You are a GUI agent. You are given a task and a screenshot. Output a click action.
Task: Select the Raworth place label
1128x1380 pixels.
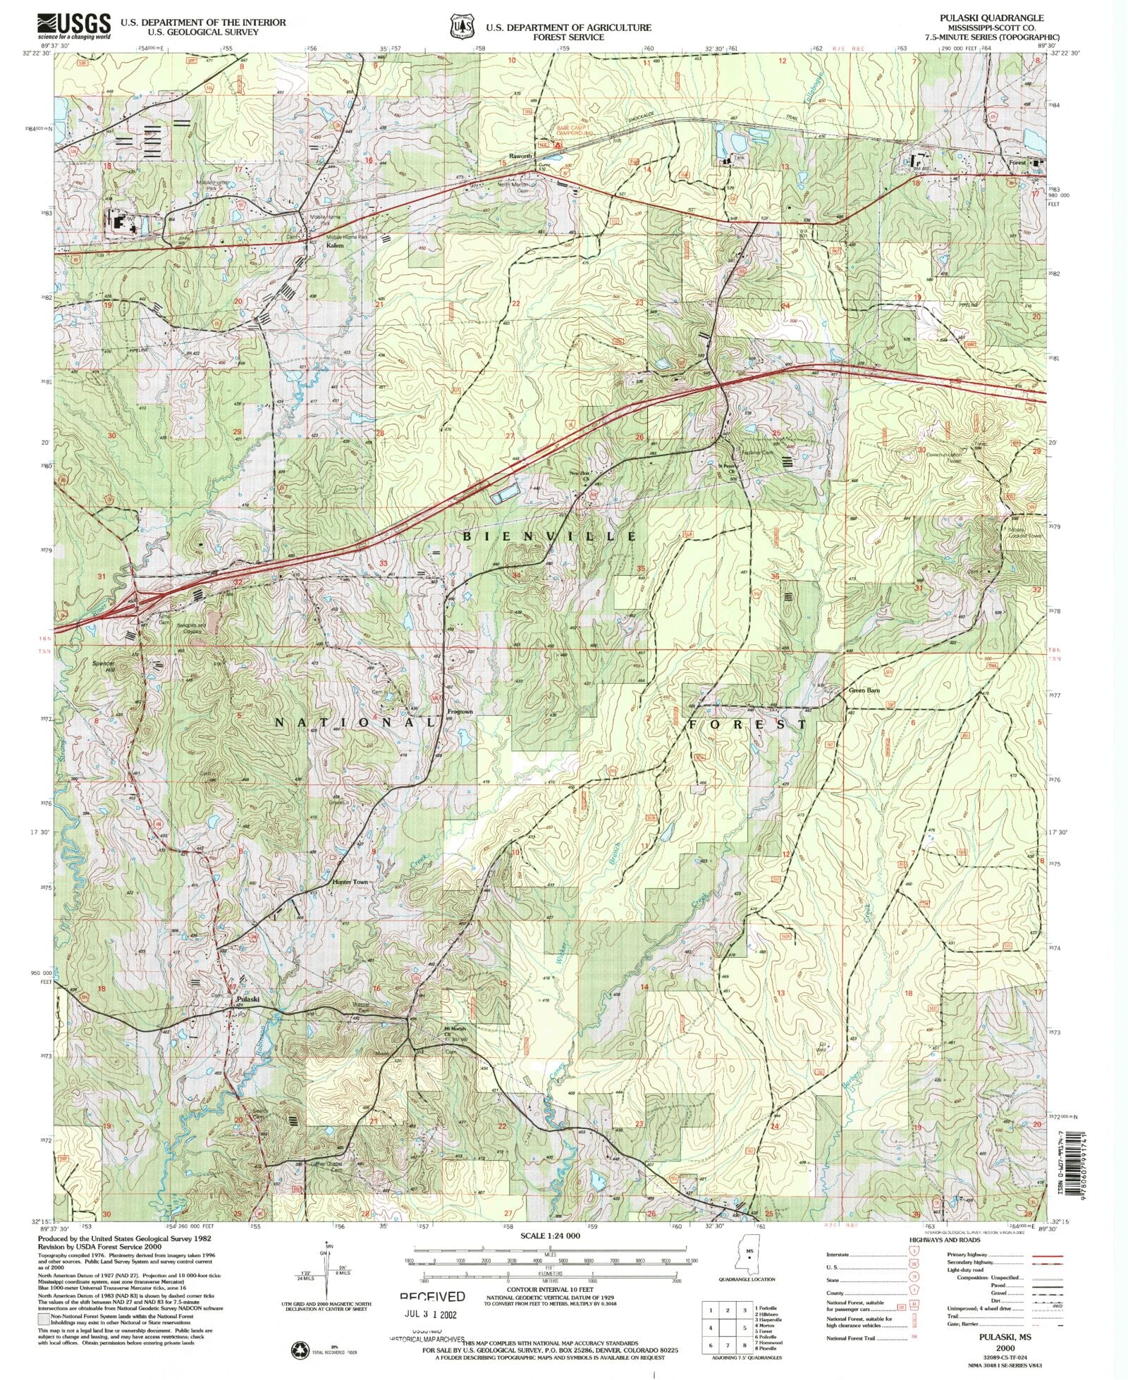520,156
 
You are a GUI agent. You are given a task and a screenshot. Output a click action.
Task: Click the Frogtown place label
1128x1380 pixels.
460,713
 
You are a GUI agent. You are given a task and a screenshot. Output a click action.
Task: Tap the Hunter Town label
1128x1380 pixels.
350,882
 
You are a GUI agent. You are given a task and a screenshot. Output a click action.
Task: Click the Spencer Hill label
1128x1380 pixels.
103,667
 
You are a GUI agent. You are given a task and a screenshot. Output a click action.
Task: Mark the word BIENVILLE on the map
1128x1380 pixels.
549,536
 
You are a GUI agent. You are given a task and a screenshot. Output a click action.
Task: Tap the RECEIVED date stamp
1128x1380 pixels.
432,1296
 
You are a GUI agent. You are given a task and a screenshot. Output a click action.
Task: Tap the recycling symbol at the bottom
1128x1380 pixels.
300,1350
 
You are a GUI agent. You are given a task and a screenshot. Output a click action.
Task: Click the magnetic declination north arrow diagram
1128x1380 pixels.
326,1276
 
